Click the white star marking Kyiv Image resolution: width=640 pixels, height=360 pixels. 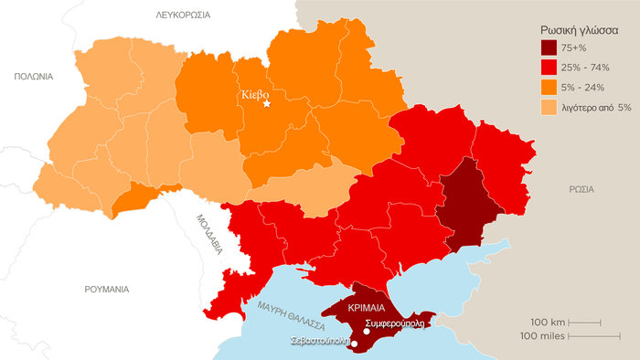coord(267,104)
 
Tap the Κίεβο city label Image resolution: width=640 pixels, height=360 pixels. coord(256,93)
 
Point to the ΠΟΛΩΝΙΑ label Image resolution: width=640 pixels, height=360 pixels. coord(33,77)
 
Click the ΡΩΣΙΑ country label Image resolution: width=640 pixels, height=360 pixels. coord(580,189)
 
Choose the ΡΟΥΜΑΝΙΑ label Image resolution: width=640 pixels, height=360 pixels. coord(107,289)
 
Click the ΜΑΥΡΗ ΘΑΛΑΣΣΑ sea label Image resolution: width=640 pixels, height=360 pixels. coord(293,312)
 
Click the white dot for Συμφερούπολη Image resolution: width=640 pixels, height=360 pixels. coord(366,332)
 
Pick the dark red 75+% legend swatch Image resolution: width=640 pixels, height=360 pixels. coord(550,48)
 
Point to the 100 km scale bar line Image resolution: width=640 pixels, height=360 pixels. coord(585,322)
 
